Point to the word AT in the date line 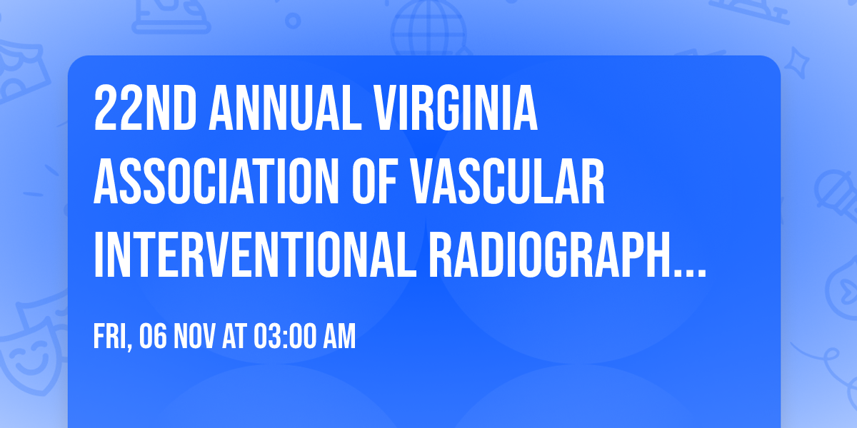(233, 337)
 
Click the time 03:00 (285, 337)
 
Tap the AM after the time (340, 337)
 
